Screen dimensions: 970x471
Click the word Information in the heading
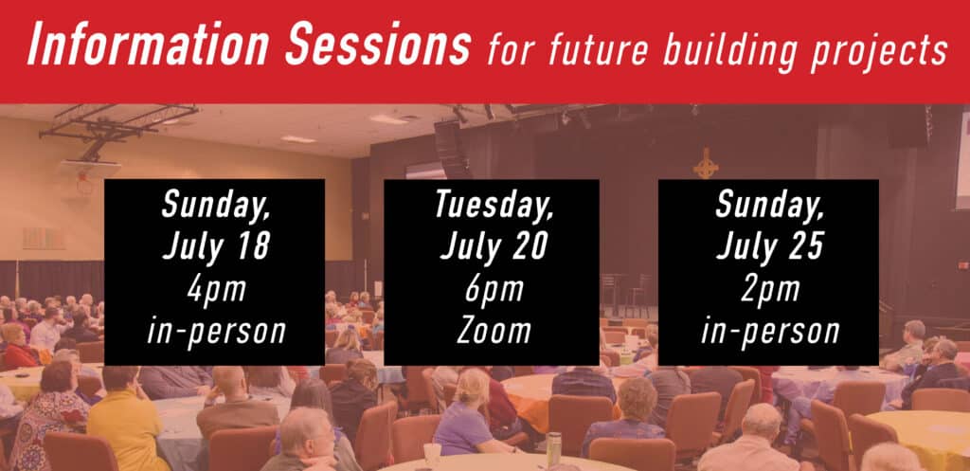coord(148,45)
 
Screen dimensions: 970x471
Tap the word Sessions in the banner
coord(378,45)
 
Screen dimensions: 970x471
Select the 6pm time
coord(493,290)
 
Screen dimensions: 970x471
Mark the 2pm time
coord(769,290)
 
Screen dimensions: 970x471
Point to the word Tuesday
coord(493,205)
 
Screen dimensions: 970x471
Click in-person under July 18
coord(216,333)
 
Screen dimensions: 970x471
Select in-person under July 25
coord(769,333)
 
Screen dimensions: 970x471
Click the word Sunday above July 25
coord(769,205)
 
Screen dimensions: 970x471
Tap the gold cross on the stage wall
coord(706,164)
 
